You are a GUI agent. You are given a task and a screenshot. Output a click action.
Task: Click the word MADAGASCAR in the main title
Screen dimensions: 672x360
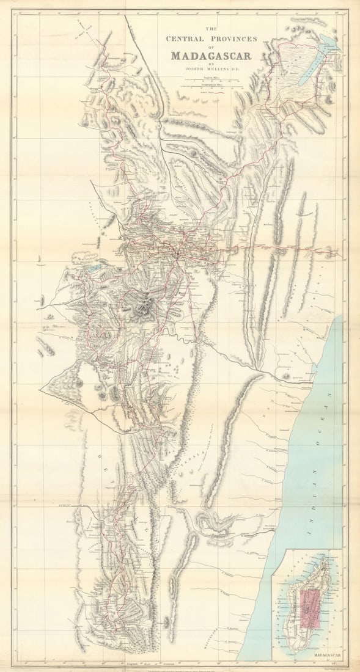point(211,56)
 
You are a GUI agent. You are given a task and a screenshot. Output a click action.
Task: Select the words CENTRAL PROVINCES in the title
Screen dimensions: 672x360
point(211,38)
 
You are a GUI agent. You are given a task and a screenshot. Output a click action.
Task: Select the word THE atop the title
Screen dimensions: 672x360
point(211,29)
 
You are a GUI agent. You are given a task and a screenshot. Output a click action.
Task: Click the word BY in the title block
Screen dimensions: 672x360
point(211,64)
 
